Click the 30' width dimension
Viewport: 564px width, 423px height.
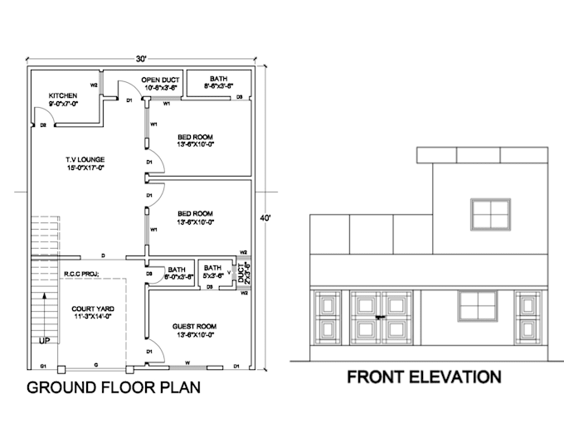tap(142, 58)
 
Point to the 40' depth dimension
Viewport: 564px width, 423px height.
tap(265, 218)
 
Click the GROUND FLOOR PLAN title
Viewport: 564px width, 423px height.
tap(114, 387)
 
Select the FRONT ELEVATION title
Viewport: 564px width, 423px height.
tap(423, 377)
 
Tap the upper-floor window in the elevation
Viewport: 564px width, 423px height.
tap(491, 213)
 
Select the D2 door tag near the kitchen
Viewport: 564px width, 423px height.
tap(42, 125)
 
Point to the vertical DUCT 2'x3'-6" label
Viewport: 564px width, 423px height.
tap(244, 273)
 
